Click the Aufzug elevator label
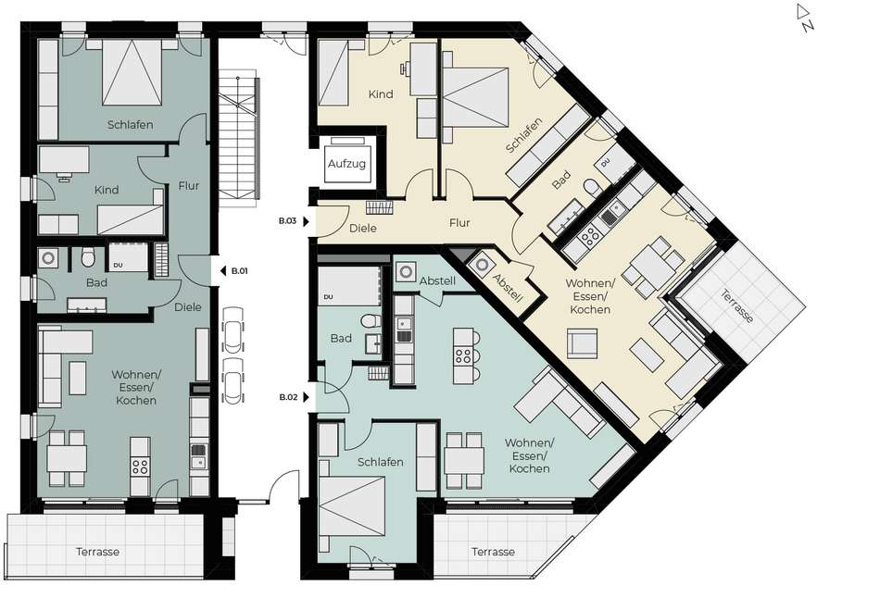tap(346, 164)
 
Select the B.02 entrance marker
tap(294, 397)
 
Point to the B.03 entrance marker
tap(294, 221)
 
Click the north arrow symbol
tap(805, 18)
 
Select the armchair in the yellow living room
tap(582, 342)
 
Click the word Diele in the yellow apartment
tap(362, 229)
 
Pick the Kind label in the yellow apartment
tap(381, 94)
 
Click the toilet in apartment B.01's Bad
tap(88, 258)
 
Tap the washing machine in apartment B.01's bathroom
tap(49, 257)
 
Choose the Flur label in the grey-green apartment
tap(189, 185)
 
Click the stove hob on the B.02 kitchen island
tap(462, 355)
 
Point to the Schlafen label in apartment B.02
tap(381, 462)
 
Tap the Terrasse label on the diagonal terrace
tap(737, 306)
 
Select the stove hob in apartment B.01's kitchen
tap(140, 466)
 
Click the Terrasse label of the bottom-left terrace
tap(98, 552)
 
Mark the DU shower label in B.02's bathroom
tap(328, 296)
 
